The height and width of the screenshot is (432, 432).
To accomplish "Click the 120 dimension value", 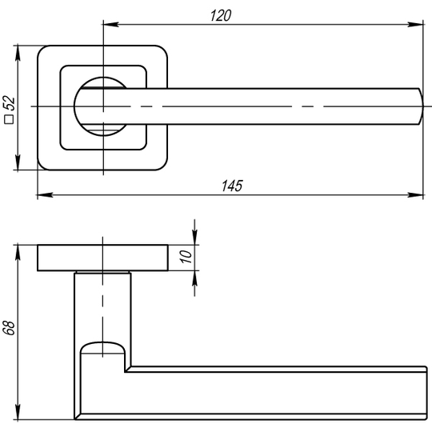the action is tap(221, 16).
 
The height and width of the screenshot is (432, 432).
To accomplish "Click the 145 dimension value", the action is tap(232, 186).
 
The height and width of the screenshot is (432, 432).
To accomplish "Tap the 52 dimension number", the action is tap(9, 103).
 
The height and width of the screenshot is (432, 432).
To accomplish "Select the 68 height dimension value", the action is tap(9, 328).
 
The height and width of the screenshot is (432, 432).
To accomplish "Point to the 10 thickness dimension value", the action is tap(186, 257).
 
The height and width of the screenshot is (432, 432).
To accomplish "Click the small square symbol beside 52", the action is tap(9, 119).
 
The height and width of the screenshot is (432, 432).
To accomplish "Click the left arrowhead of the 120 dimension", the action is tap(110, 24).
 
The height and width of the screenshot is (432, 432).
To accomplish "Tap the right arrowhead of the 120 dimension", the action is tap(415, 24).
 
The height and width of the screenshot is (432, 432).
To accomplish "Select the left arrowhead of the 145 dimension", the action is tap(45, 195).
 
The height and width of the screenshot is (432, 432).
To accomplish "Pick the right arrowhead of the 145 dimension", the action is tap(415, 195).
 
